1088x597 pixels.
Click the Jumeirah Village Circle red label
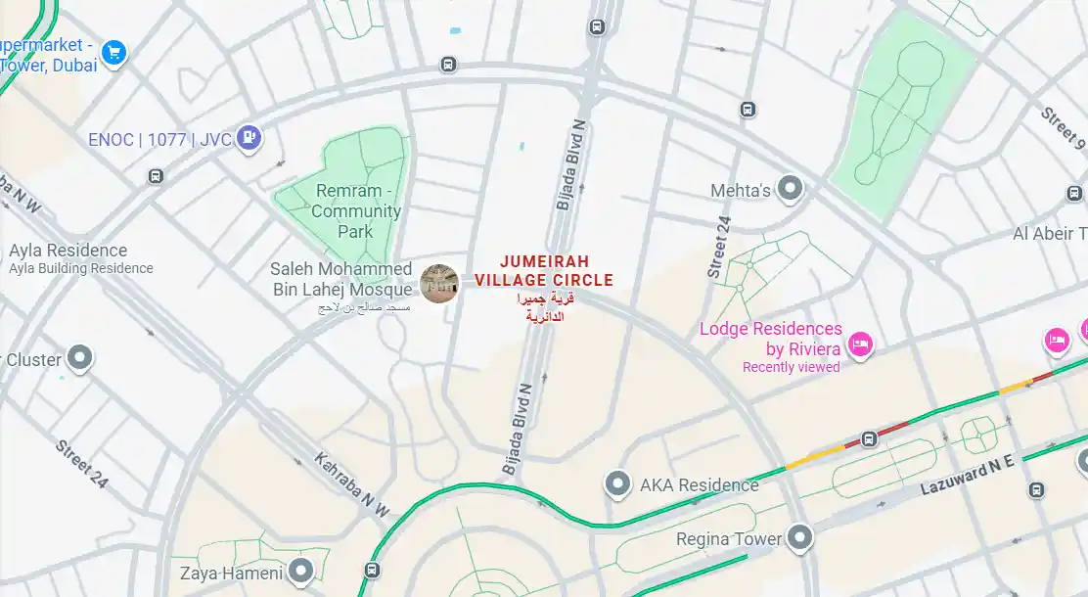pos(544,271)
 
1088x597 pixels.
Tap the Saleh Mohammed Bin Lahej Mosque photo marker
pos(439,283)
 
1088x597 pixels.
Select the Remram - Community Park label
pos(356,211)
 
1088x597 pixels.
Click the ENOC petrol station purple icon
pos(250,139)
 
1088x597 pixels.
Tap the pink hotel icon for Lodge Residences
pos(860,344)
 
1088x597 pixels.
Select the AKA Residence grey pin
pos(616,483)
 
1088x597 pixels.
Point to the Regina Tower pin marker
pos(800,537)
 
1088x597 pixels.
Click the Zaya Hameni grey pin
pos(301,570)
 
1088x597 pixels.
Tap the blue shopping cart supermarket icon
pos(114,52)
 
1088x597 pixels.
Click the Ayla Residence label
pos(68,251)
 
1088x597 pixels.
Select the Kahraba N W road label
pos(351,484)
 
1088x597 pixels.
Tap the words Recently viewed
pos(791,368)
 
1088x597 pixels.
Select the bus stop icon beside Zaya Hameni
pos(372,570)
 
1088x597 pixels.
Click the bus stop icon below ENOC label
pos(156,176)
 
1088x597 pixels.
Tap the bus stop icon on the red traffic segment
pos(868,439)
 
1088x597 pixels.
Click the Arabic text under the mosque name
pos(363,307)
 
